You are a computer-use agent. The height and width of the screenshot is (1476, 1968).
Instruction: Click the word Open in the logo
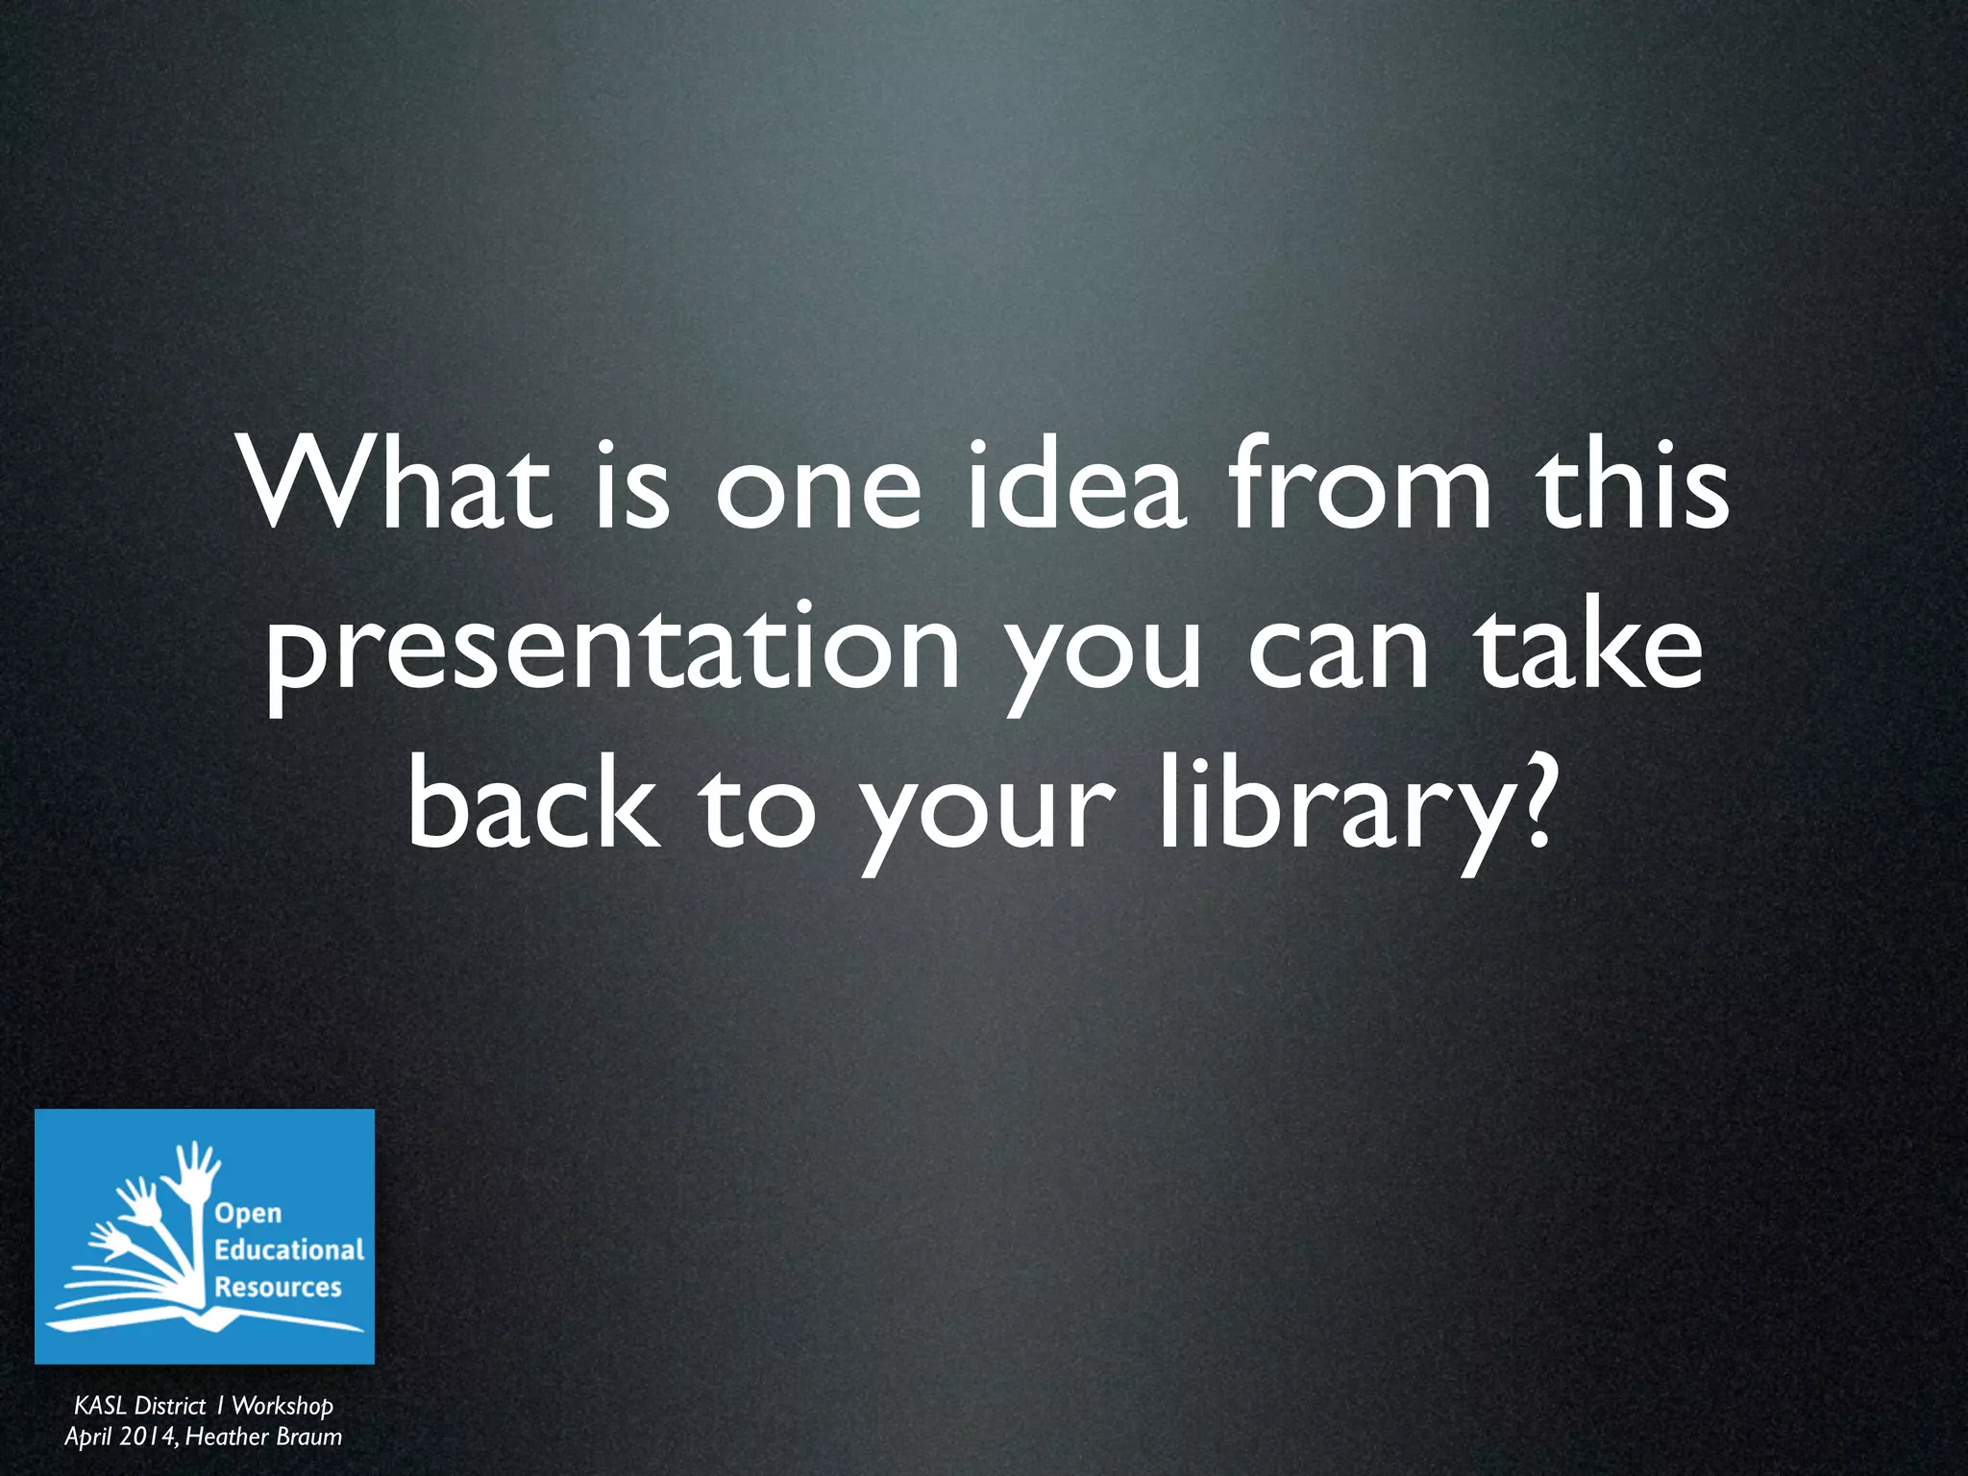248,1214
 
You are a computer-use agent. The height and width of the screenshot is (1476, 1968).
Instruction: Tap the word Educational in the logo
289,1249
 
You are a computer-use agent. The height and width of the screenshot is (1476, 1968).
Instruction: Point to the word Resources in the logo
278,1287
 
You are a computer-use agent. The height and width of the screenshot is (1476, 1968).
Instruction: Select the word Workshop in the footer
283,1406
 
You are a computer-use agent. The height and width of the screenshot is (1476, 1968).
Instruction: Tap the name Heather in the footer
227,1437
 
